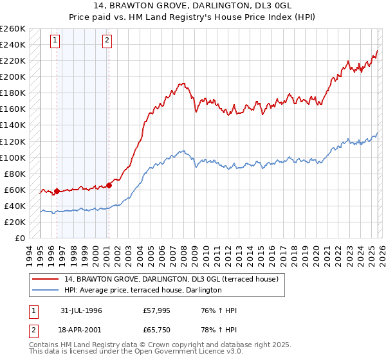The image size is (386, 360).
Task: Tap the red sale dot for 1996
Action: pyautogui.click(x=57, y=191)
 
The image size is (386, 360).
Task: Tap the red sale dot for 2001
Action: pyautogui.click(x=109, y=185)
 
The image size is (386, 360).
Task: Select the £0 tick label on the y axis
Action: pyautogui.click(x=21, y=238)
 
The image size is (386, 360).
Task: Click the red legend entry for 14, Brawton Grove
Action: pyautogui.click(x=170, y=279)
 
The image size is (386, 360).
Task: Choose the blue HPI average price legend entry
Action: pyautogui.click(x=143, y=291)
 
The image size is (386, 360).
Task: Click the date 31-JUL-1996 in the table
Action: pyautogui.click(x=81, y=310)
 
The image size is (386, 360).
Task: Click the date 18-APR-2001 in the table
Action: pyautogui.click(x=81, y=332)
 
